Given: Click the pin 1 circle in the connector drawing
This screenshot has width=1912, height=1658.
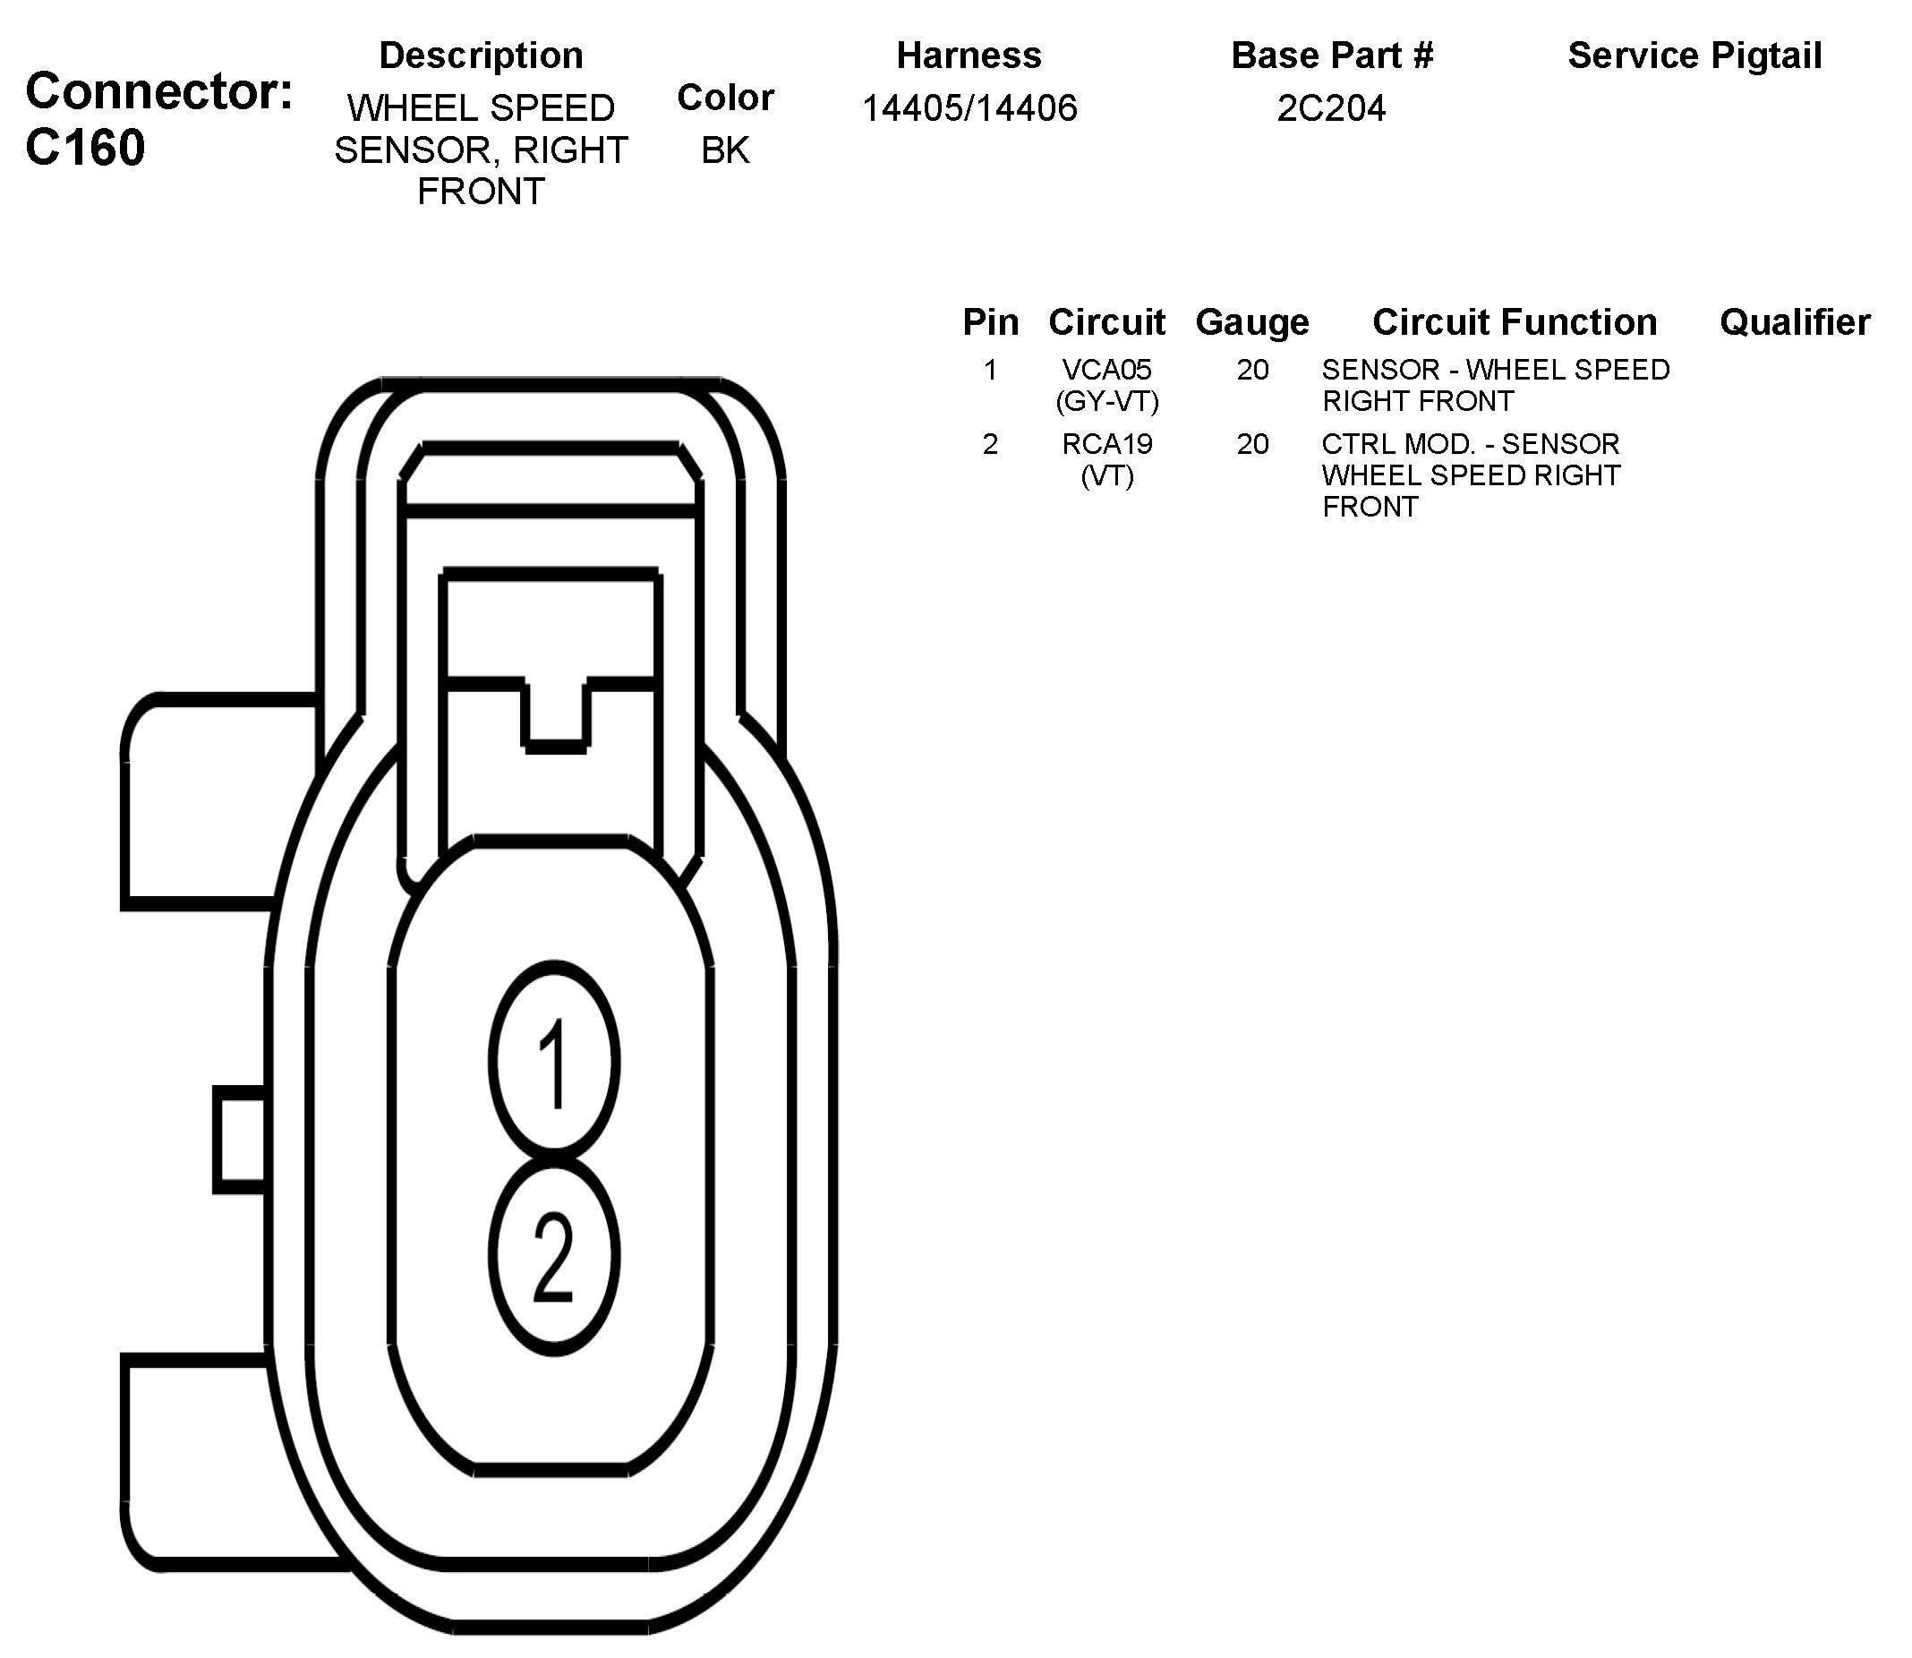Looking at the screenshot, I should pos(553,1060).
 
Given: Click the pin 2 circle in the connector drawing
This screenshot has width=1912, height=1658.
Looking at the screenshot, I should pos(553,1256).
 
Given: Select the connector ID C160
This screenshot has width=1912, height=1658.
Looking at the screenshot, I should pos(85,147).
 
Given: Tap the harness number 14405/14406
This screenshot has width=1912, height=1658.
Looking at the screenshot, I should pos(969,108).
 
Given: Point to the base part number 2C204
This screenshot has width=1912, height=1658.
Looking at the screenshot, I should pos(1331,108).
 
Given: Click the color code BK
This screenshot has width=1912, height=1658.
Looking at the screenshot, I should pos(725,150).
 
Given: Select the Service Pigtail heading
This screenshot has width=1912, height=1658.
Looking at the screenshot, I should pos(1694,56).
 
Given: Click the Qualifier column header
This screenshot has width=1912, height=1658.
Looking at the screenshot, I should pos(1795,322).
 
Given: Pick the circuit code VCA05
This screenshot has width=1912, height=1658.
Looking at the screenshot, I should pos(1106,369).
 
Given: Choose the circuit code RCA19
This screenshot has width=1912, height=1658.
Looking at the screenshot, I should pos(1106,444).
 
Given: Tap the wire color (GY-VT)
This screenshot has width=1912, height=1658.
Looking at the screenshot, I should pos(1106,400).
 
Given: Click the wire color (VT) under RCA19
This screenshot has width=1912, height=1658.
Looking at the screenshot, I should pos(1106,475).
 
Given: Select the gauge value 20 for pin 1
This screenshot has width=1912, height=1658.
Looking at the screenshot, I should pos(1252,369).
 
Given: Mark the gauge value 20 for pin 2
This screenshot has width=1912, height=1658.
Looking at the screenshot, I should pos(1252,444).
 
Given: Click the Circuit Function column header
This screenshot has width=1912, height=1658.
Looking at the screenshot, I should pos(1515,322).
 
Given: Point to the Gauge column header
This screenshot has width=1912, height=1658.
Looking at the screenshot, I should pos(1252,322).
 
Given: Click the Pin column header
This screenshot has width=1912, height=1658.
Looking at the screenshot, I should pos(990,322).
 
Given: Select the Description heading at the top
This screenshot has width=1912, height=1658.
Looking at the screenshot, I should pos(481,56).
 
